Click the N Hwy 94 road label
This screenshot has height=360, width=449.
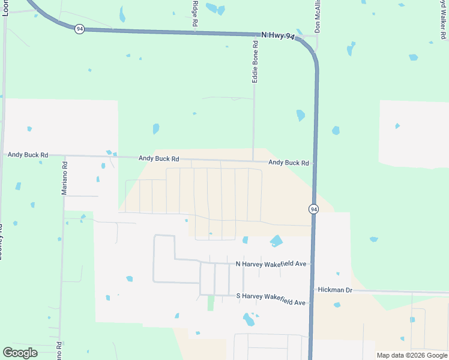coord(278,37)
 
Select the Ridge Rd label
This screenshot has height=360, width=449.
coord(195,13)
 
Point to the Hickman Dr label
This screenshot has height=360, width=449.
coord(335,290)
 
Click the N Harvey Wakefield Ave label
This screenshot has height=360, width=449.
coord(271,264)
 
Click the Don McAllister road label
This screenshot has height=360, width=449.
coord(318,16)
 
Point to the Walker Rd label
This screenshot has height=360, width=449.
coord(442,18)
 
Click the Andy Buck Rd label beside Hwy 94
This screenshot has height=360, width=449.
coord(288,163)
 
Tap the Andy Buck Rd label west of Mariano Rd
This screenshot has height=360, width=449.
coord(28,155)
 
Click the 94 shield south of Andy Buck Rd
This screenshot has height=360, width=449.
coord(313,209)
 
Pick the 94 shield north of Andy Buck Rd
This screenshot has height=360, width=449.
coord(79,29)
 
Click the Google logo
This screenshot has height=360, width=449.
coord(20,353)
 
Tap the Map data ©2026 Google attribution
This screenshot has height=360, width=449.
coord(412,355)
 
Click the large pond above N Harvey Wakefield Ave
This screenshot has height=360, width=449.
coord(276,241)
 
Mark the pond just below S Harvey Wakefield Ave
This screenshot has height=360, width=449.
coord(249,319)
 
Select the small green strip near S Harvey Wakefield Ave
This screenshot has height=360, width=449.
coord(211,302)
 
